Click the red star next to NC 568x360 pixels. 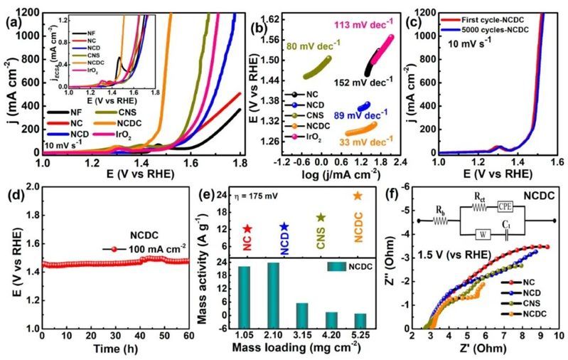tap(247, 229)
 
